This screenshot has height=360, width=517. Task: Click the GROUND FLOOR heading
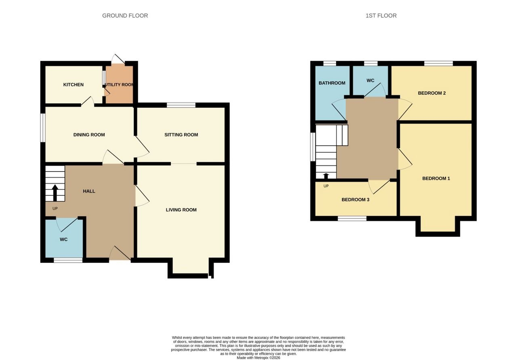click(125, 16)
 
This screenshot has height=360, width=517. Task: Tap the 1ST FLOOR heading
click(381, 16)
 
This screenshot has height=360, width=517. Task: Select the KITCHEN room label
click(74, 85)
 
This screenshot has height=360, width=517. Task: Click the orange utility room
click(119, 85)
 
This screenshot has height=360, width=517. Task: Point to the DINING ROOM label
click(89, 135)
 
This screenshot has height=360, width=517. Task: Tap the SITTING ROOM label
click(181, 135)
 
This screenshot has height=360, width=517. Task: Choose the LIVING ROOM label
click(181, 209)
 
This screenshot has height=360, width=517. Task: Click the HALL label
click(89, 191)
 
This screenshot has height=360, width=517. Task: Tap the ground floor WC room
click(64, 238)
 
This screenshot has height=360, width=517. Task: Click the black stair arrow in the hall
click(55, 193)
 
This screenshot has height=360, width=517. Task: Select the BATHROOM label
click(332, 83)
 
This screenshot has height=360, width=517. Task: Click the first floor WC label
click(370, 80)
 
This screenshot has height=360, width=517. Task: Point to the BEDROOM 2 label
click(432, 93)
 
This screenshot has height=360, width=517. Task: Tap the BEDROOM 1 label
click(436, 178)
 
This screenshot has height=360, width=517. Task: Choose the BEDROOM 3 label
click(355, 199)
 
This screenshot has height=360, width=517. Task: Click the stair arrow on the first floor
click(326, 176)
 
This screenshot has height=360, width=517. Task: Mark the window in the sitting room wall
click(181, 105)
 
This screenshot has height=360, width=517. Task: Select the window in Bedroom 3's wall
click(352, 218)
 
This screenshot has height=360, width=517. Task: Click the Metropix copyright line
click(258, 358)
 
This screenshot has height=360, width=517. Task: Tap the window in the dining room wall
click(43, 128)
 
